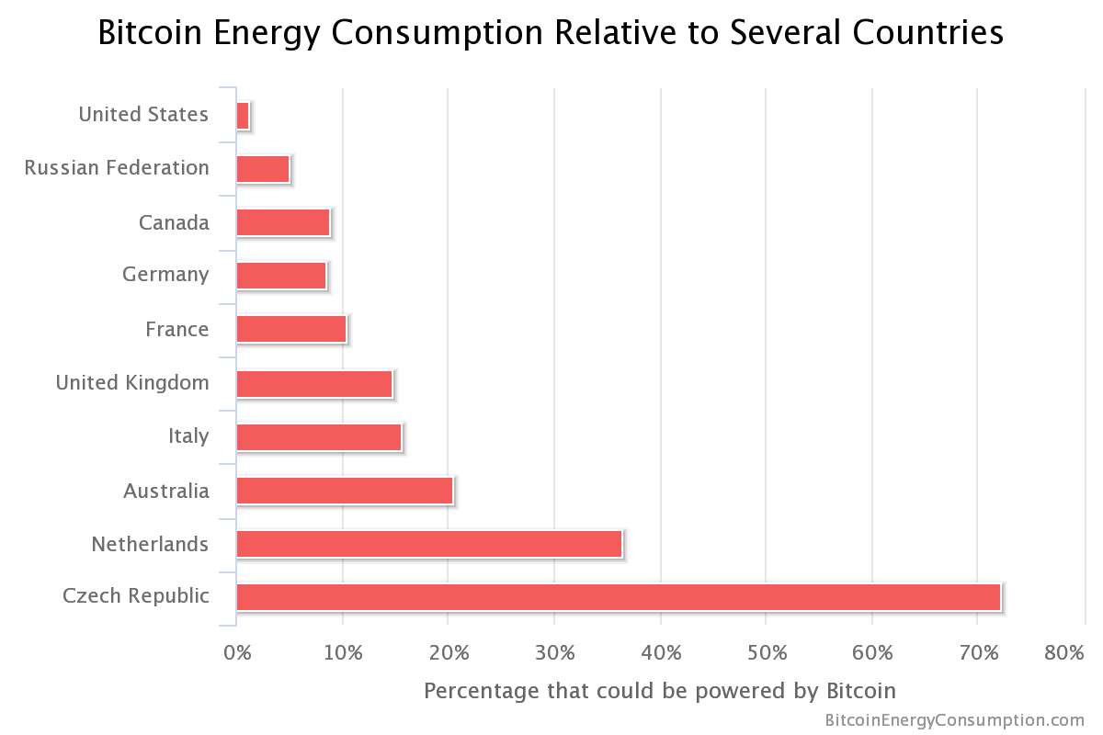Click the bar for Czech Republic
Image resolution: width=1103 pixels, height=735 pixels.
pos(618,597)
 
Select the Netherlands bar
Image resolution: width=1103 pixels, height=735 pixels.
pos(429,544)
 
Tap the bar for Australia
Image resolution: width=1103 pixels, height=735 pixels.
pos(345,491)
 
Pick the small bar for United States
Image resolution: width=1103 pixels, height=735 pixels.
pos(243,116)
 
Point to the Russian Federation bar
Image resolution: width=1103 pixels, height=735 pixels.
pos(263,169)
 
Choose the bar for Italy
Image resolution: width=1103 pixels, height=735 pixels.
pos(319,437)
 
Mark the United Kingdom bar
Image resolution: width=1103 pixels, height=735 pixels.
pos(314,384)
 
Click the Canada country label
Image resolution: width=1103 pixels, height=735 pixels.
pos(174,222)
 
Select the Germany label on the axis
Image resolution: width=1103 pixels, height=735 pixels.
pos(165,275)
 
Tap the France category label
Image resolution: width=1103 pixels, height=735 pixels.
pos(176,329)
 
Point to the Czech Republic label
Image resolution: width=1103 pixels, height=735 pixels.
pos(136,596)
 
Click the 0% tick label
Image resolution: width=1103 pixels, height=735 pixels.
pos(237,653)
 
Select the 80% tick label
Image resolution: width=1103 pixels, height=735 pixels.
pos(1063,653)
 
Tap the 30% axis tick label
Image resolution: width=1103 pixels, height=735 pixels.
pos(555,653)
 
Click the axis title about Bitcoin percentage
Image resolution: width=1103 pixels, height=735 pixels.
pos(659,690)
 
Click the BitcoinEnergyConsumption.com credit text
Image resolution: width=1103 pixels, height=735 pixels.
pos(955,720)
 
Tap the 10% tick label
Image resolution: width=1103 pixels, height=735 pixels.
pos(343,653)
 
